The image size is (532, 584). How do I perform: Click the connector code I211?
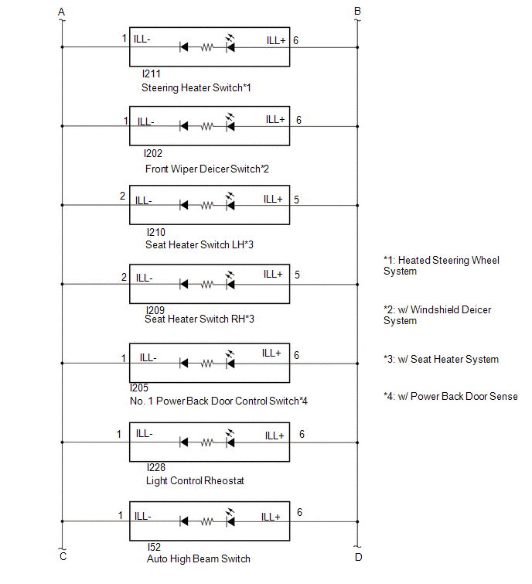(151, 73)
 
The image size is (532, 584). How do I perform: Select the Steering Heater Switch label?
(196, 88)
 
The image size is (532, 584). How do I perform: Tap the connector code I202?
(152, 153)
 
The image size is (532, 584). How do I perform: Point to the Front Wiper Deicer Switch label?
(207, 169)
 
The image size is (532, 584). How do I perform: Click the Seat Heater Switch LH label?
(199, 244)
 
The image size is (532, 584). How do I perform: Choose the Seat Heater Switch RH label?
(199, 319)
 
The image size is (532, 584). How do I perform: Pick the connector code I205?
(139, 388)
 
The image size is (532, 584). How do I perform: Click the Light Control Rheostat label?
(195, 481)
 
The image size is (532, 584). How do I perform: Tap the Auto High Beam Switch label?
(199, 559)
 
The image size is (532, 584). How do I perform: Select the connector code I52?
(154, 547)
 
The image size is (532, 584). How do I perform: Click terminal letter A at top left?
(61, 12)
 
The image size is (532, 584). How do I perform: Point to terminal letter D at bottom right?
(359, 557)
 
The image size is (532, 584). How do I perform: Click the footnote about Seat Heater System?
(442, 360)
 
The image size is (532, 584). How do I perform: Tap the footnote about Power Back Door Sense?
(451, 396)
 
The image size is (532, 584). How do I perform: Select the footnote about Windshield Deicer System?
(438, 315)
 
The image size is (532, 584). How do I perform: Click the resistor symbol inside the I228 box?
(207, 442)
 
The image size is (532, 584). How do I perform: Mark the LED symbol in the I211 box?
(230, 43)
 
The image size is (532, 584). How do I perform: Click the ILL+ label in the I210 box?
(273, 200)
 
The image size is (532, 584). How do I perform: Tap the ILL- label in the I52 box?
(142, 516)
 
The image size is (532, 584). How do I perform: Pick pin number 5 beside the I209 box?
(297, 275)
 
